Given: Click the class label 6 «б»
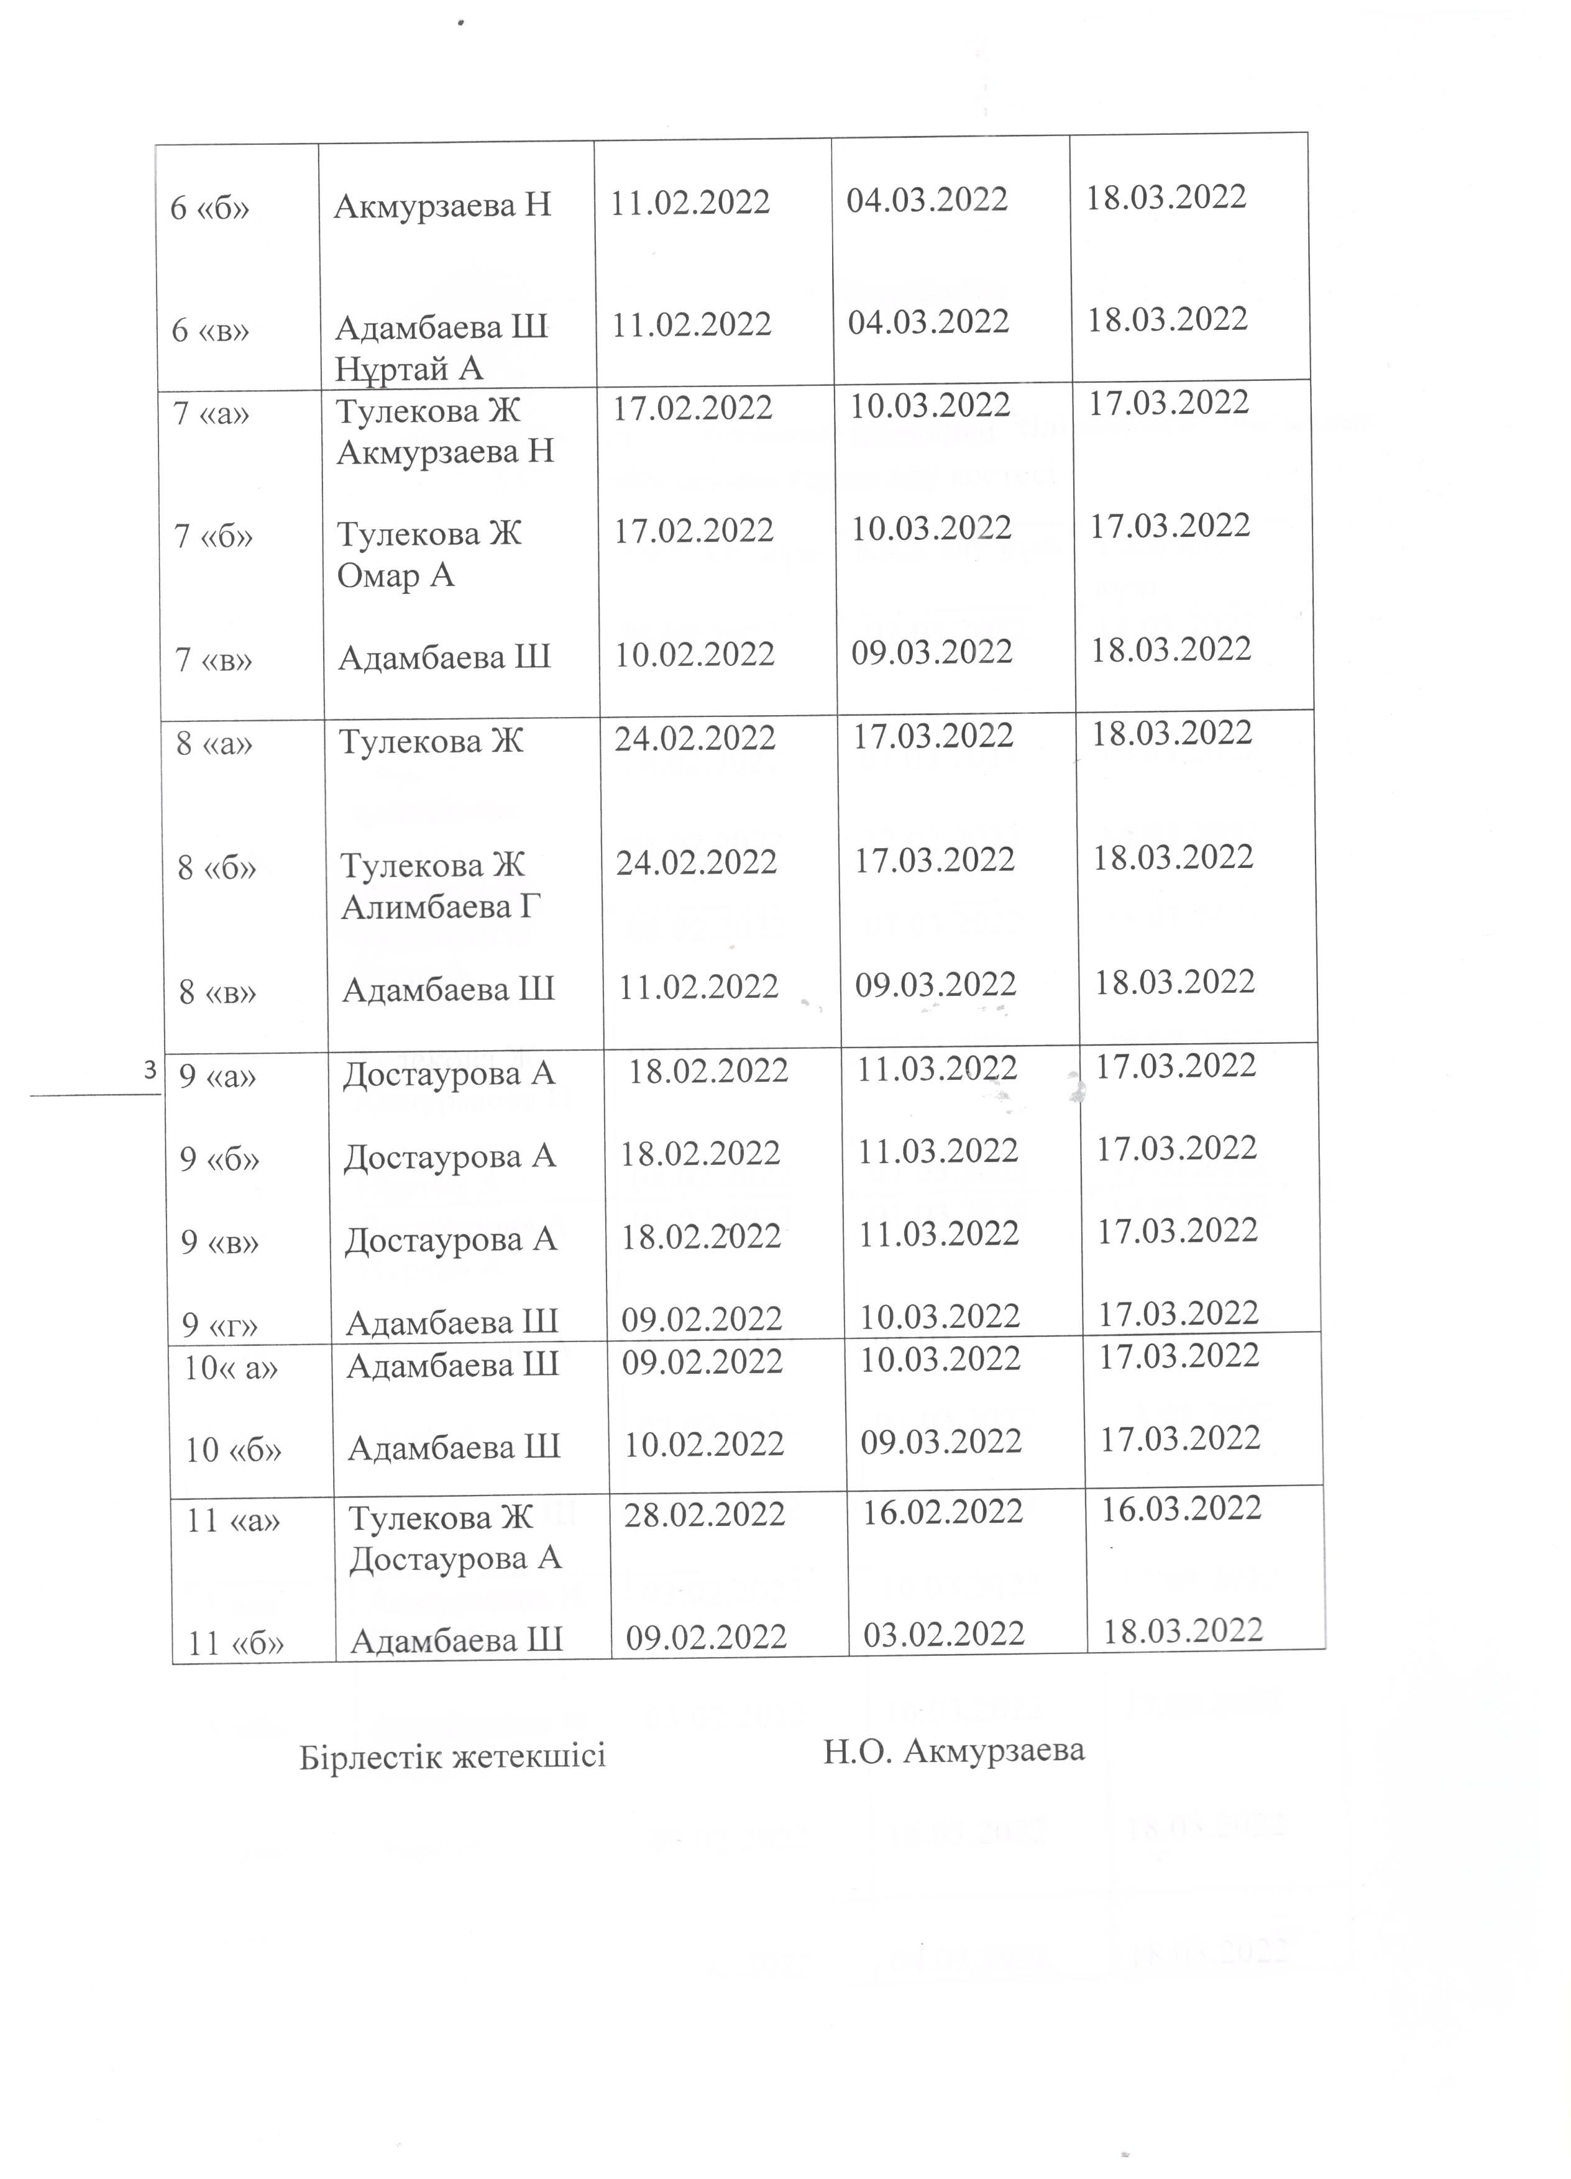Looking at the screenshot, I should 209,208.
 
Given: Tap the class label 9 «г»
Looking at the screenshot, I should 220,1326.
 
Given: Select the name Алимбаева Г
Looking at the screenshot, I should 441,906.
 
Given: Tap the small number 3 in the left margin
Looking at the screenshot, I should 150,1069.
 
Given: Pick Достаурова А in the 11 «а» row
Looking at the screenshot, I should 454,1558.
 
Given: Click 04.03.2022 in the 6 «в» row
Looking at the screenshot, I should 928,321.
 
